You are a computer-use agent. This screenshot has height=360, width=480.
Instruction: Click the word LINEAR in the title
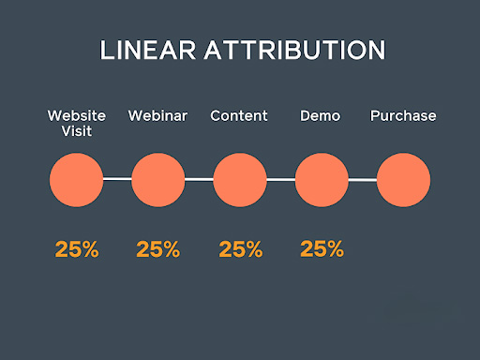pyautogui.click(x=145, y=51)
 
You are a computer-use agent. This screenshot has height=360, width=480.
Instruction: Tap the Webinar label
pyautogui.click(x=157, y=116)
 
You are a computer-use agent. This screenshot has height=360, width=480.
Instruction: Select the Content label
pyautogui.click(x=239, y=116)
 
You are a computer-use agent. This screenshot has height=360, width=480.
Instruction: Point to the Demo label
pyautogui.click(x=321, y=116)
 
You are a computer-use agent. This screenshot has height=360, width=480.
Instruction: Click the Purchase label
pyautogui.click(x=403, y=116)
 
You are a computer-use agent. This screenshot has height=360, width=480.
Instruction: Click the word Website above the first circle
pyautogui.click(x=76, y=116)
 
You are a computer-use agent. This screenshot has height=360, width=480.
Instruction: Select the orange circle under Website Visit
pyautogui.click(x=76, y=179)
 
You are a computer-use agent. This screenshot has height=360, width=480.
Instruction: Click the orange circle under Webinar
pyautogui.click(x=157, y=179)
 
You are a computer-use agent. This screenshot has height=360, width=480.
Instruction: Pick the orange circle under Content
pyautogui.click(x=240, y=179)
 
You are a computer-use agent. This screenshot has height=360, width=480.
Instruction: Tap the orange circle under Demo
pyautogui.click(x=322, y=179)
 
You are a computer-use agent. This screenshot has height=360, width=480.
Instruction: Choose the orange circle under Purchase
pyautogui.click(x=403, y=179)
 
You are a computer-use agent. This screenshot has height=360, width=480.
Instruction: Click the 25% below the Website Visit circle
pyautogui.click(x=76, y=249)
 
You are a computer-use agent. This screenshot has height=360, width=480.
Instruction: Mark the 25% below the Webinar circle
pyautogui.click(x=157, y=249)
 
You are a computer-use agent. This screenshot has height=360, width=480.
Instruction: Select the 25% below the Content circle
pyautogui.click(x=240, y=249)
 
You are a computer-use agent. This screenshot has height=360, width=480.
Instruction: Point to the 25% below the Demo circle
pyautogui.click(x=322, y=249)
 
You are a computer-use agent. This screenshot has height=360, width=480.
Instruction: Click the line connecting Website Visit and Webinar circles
pyautogui.click(x=117, y=178)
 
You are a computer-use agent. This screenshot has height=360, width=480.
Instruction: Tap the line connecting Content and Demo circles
pyautogui.click(x=281, y=178)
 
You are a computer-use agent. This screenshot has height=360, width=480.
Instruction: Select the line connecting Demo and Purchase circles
pyautogui.click(x=363, y=178)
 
